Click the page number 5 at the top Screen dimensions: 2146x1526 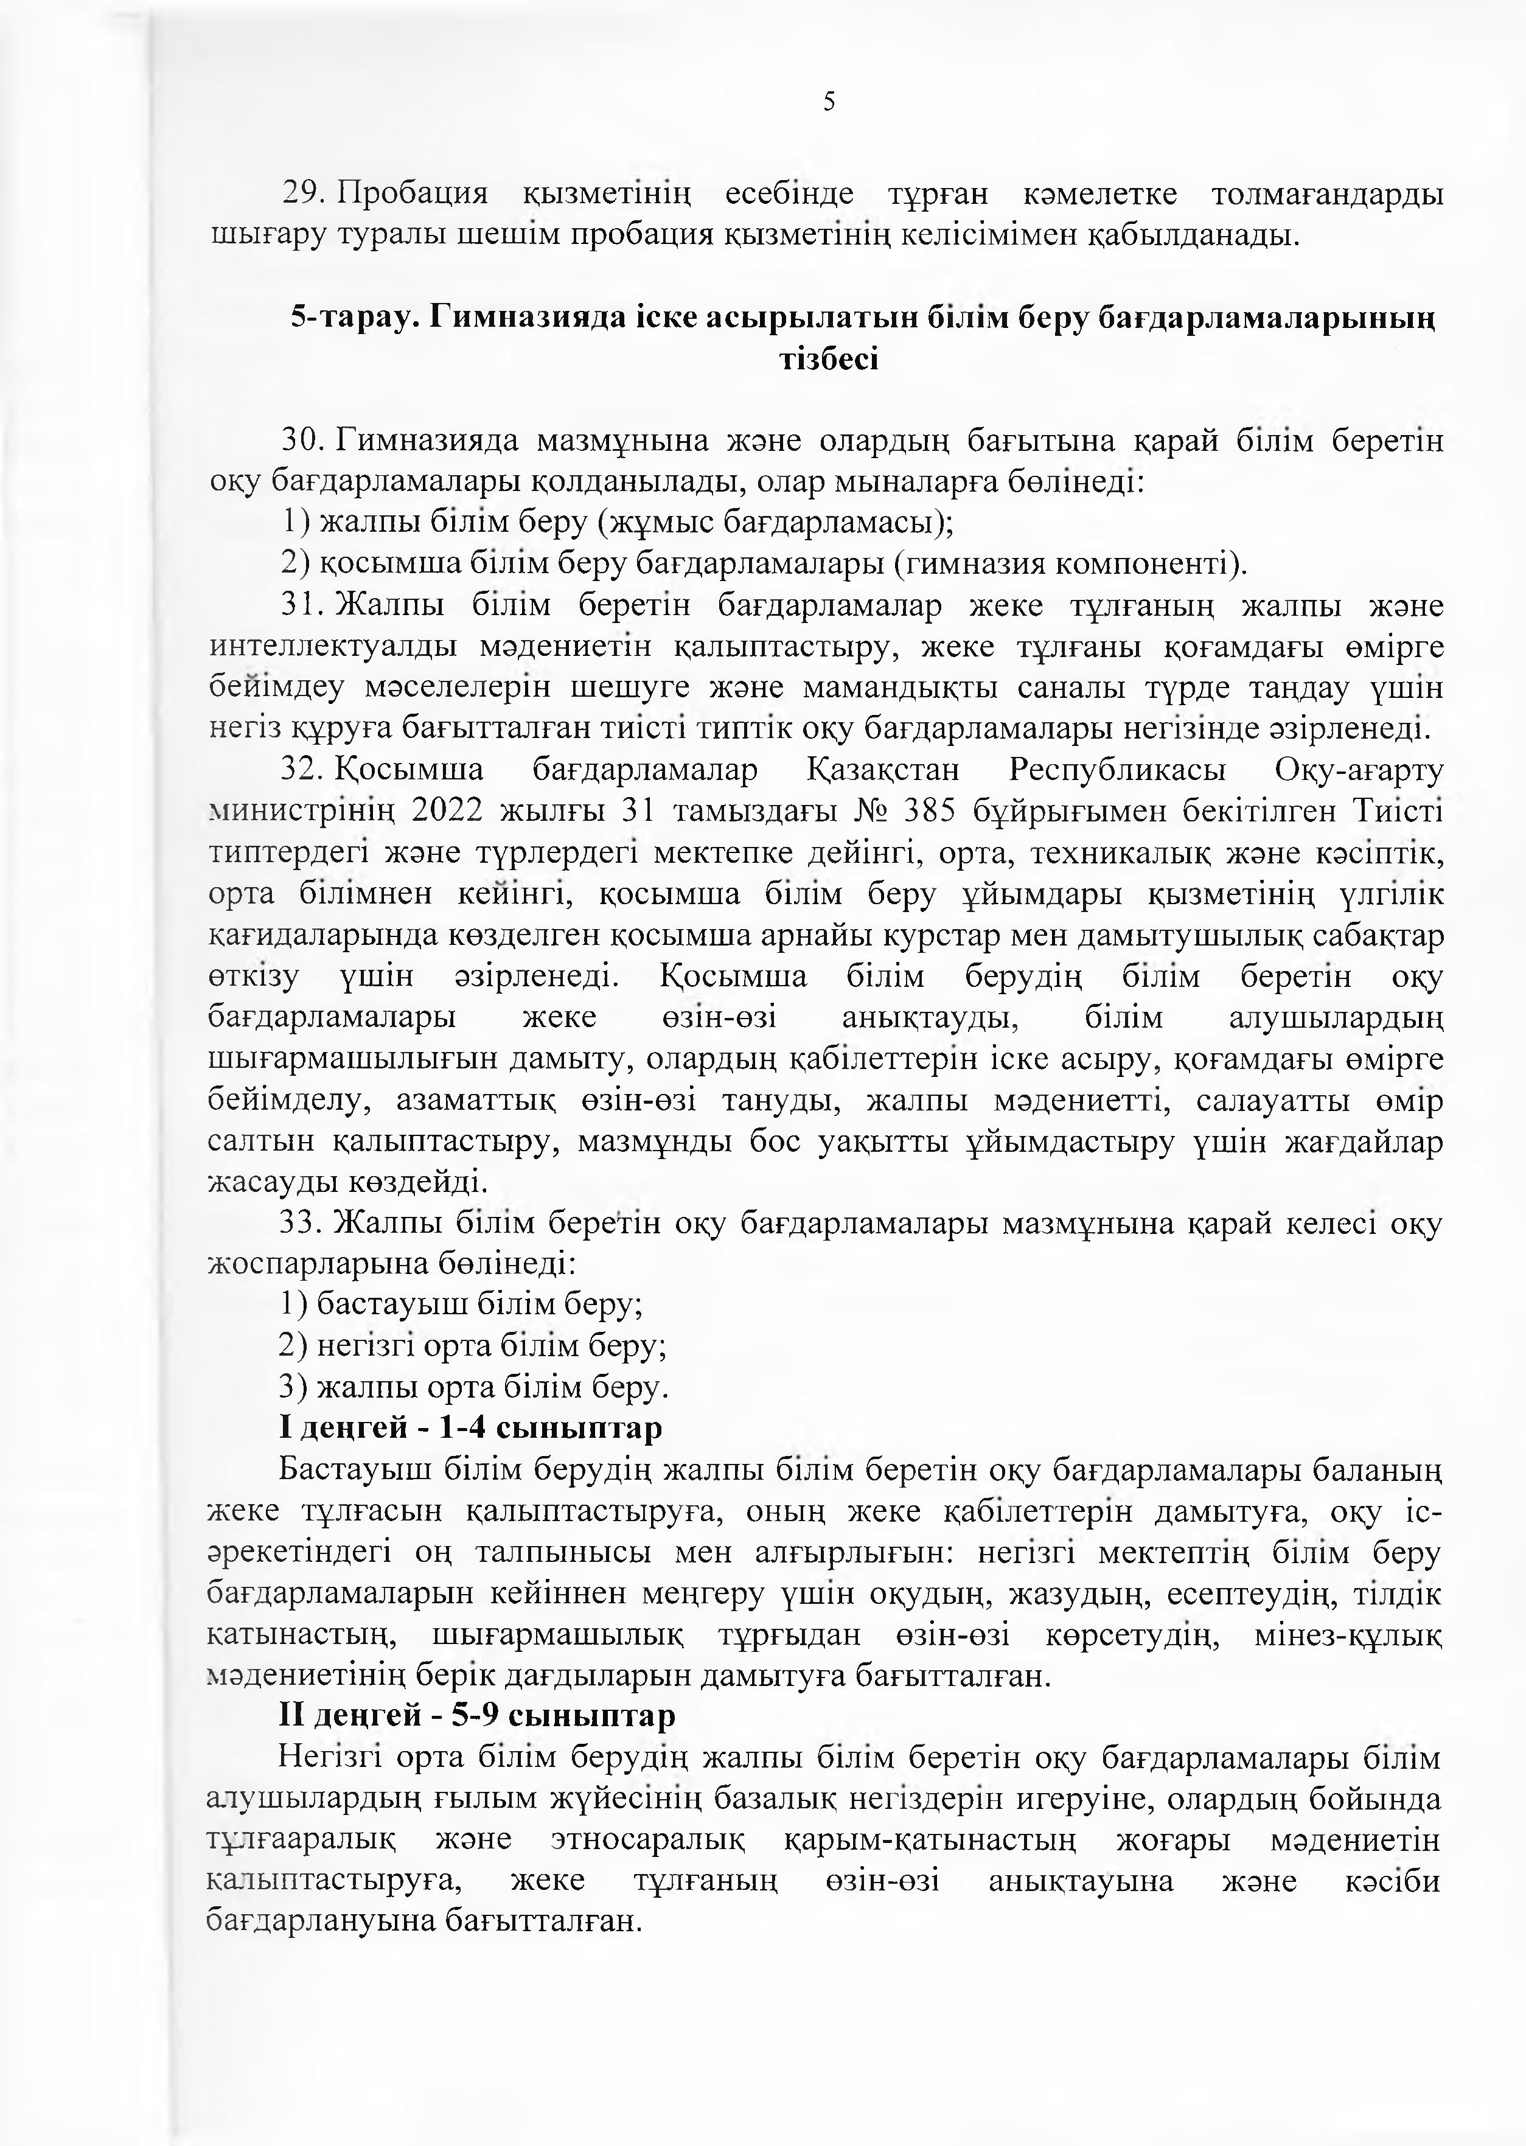coord(829,102)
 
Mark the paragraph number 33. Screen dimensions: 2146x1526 coord(301,1224)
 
